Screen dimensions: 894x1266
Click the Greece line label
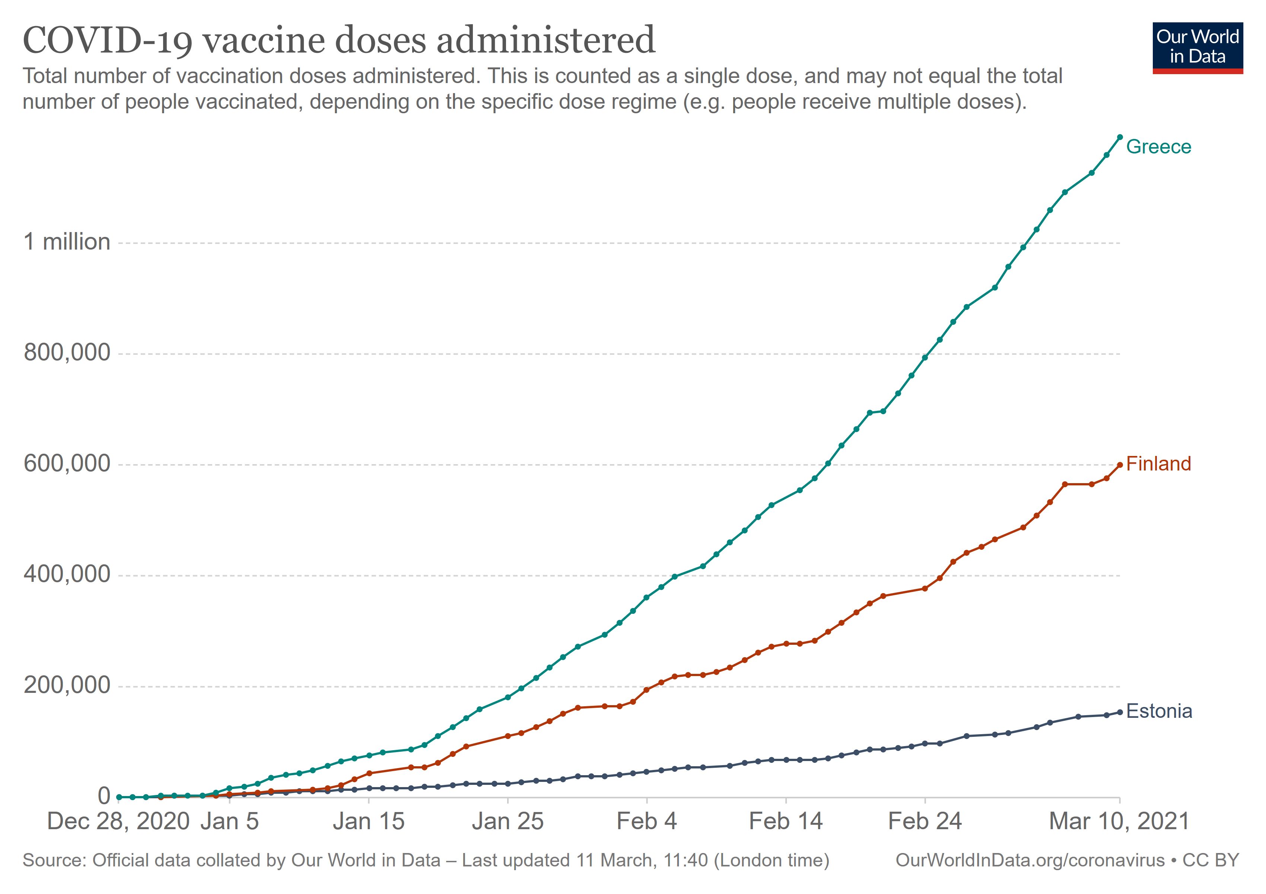1158,147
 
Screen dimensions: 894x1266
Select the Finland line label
1158,464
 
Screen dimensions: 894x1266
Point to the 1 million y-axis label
67,242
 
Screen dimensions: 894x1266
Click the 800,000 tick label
67,353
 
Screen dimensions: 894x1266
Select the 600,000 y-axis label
67,464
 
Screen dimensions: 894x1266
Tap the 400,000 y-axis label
67,575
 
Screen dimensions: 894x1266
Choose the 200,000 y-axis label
67,685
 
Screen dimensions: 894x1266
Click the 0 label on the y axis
104,796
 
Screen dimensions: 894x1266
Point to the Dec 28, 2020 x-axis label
118,821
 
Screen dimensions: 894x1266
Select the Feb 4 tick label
646,821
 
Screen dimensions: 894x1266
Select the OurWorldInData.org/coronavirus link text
1030,860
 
